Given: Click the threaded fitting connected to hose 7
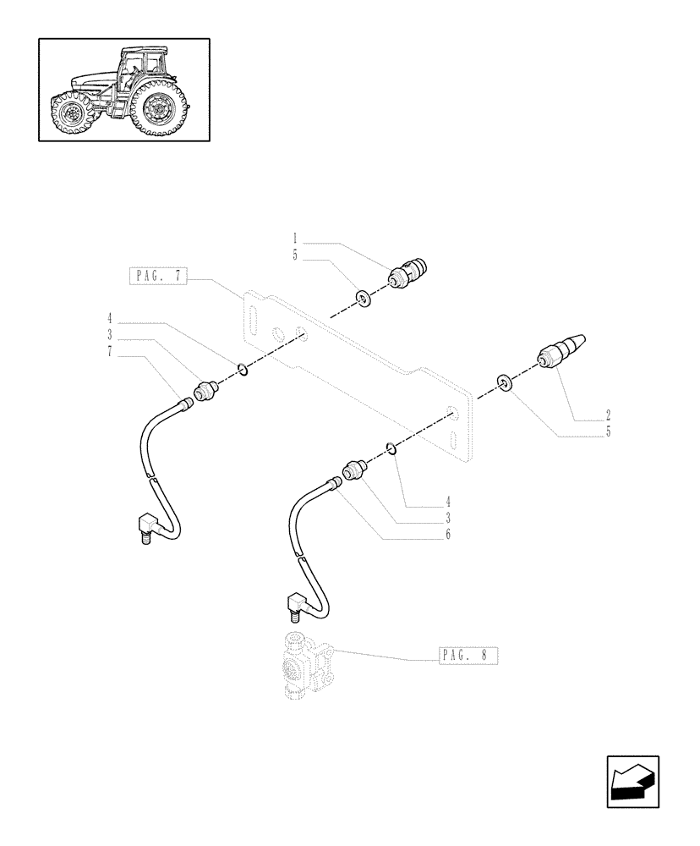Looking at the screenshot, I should tap(205, 391).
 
